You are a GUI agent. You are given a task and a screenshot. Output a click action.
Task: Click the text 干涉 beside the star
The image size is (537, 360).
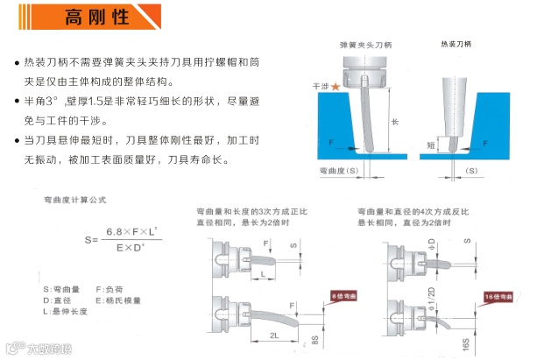[x=320, y=86]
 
